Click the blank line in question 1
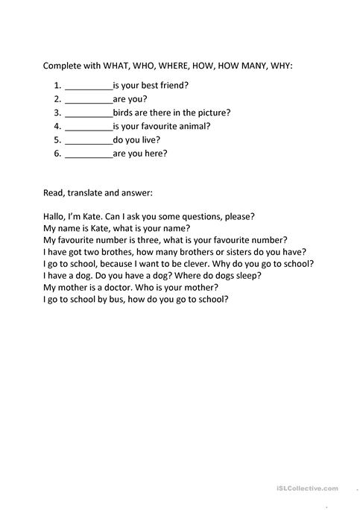pyautogui.click(x=89, y=86)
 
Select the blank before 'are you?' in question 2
pyautogui.click(x=89, y=100)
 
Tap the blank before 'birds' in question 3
pyautogui.click(x=89, y=113)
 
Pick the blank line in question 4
pyautogui.click(x=89, y=127)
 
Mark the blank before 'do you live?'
pyautogui.click(x=89, y=140)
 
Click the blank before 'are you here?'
pyautogui.click(x=89, y=154)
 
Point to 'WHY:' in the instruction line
pyautogui.click(x=282, y=66)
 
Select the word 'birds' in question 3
pyautogui.click(x=124, y=113)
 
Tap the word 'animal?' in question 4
pyautogui.click(x=193, y=126)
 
